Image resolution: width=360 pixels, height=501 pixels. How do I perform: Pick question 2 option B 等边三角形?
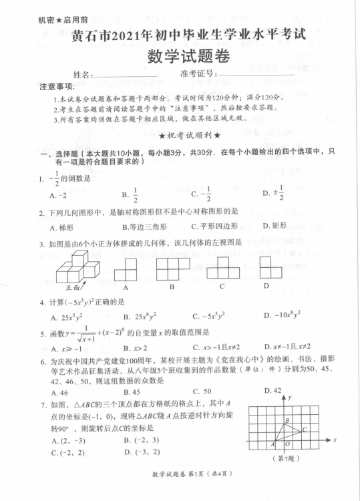pos(144,226)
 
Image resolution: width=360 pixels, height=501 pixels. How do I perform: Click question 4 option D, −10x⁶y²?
pos(281,315)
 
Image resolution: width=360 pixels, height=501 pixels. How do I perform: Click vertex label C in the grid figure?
pos(305,429)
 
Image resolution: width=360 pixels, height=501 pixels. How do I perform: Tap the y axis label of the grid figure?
pos(292,397)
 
